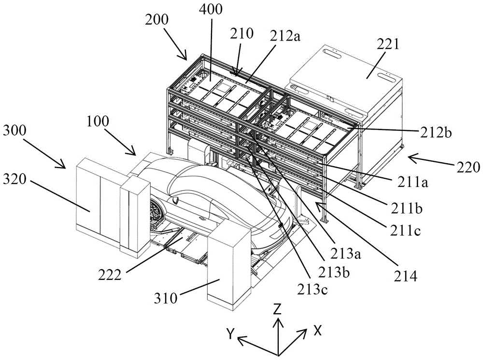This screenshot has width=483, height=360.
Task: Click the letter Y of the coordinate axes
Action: (231, 334)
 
